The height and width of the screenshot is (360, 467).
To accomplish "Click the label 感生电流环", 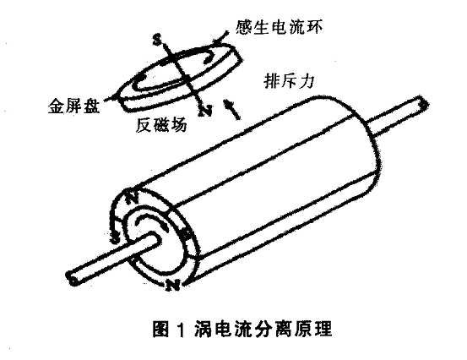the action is (x=279, y=27).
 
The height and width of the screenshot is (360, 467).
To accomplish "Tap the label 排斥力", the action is (x=289, y=80).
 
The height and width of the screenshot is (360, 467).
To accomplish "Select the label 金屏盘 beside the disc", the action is (x=73, y=105).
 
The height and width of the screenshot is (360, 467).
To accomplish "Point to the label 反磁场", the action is (x=161, y=125).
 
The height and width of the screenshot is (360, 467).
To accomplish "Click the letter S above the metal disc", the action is (x=157, y=40).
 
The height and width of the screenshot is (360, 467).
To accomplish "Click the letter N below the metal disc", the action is (x=205, y=111).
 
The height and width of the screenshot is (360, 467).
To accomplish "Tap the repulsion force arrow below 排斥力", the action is (x=232, y=110).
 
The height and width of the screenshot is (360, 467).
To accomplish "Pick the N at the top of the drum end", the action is (x=132, y=197).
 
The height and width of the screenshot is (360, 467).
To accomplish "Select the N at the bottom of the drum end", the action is (x=172, y=285).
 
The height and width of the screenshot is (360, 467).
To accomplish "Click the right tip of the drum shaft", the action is (x=424, y=104).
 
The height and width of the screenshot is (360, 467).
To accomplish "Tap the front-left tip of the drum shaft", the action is (x=72, y=278).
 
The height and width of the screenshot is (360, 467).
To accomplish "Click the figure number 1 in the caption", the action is (x=182, y=329).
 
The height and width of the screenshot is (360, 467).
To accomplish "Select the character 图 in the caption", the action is (x=161, y=329).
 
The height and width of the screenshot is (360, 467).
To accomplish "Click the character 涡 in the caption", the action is (x=204, y=329).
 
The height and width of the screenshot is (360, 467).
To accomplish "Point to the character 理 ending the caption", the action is (x=323, y=329).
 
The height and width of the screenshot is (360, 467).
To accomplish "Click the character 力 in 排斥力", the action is (x=307, y=81).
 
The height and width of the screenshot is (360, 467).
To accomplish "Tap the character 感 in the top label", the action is (x=244, y=27).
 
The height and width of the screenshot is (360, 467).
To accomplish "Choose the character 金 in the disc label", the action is (x=57, y=105).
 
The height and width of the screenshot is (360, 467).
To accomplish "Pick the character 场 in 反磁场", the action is (x=179, y=125).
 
